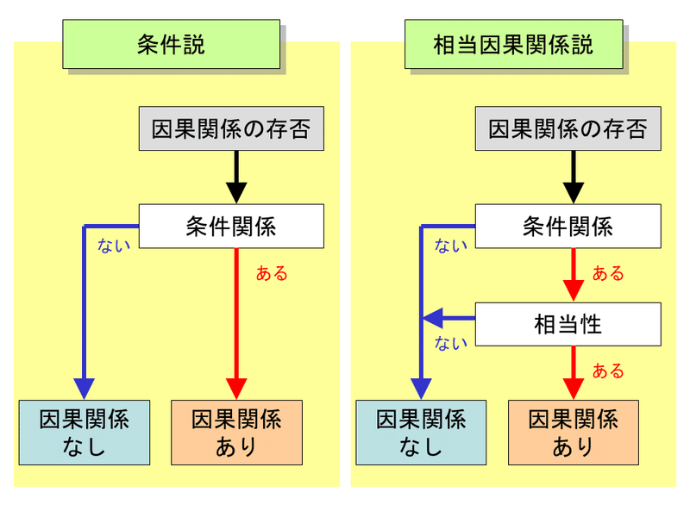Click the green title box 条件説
(x=171, y=45)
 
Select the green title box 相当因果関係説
(x=513, y=45)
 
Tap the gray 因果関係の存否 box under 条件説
(x=230, y=129)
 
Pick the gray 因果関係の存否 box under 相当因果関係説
(x=568, y=129)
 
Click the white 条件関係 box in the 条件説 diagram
(x=231, y=227)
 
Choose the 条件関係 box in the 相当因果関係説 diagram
(x=568, y=227)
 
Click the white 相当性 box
(x=568, y=325)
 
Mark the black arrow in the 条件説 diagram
(x=236, y=178)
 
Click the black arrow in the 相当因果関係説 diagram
(x=573, y=178)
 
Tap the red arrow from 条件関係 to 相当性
(x=573, y=275)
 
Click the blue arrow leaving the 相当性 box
(x=448, y=319)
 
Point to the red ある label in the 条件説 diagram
(x=272, y=274)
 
